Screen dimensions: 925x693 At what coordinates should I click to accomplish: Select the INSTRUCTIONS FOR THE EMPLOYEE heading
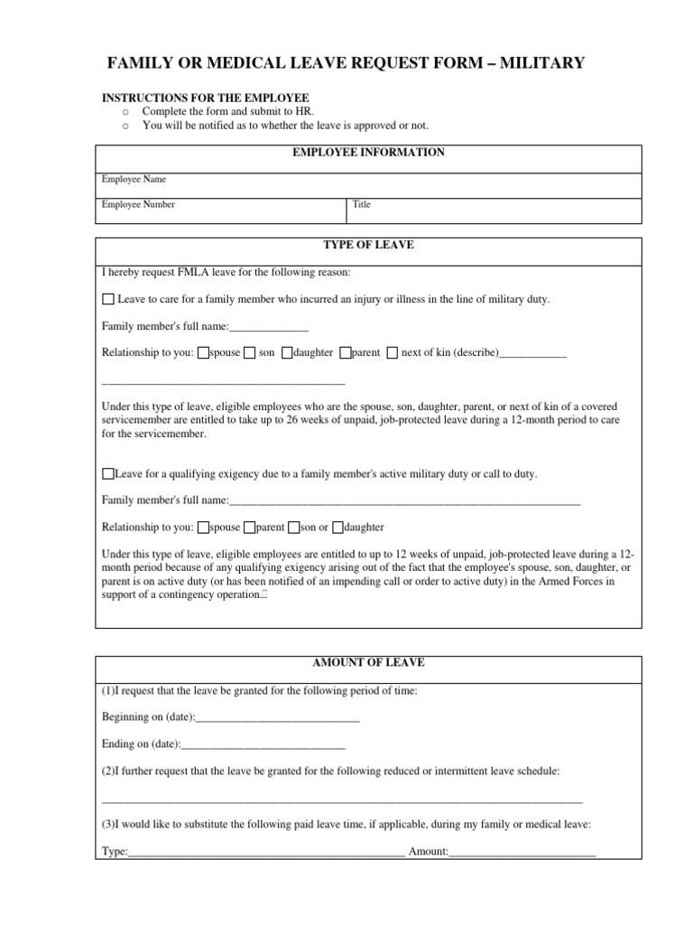pyautogui.click(x=205, y=98)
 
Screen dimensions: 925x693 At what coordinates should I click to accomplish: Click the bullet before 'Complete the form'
pyautogui.click(x=125, y=111)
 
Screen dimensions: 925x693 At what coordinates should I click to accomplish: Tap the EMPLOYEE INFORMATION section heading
pyautogui.click(x=368, y=153)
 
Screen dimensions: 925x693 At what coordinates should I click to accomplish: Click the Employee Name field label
pyautogui.click(x=134, y=179)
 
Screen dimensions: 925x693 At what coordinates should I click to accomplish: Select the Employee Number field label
pyautogui.click(x=138, y=204)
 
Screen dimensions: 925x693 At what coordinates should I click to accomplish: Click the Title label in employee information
pyautogui.click(x=361, y=204)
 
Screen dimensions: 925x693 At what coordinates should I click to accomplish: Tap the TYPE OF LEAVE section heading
pyautogui.click(x=368, y=245)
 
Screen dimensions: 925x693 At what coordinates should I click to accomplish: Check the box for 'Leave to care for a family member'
pyautogui.click(x=108, y=299)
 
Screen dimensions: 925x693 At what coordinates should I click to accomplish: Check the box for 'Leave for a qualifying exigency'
pyautogui.click(x=108, y=473)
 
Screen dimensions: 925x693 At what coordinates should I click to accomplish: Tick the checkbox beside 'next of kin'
pyautogui.click(x=392, y=353)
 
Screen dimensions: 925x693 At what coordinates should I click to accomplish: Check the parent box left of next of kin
pyautogui.click(x=345, y=353)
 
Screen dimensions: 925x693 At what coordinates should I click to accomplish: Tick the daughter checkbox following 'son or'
pyautogui.click(x=337, y=528)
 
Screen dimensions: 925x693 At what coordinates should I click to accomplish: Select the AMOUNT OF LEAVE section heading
pyautogui.click(x=368, y=662)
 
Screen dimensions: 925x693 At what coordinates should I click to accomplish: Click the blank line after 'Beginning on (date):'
pyautogui.click(x=277, y=719)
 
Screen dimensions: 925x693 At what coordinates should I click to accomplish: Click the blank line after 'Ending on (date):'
pyautogui.click(x=263, y=745)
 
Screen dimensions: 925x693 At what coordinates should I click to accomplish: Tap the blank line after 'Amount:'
pyautogui.click(x=522, y=852)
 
